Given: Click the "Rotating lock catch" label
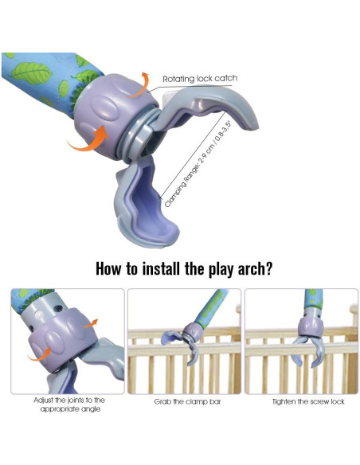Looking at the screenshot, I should [x=199, y=79].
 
